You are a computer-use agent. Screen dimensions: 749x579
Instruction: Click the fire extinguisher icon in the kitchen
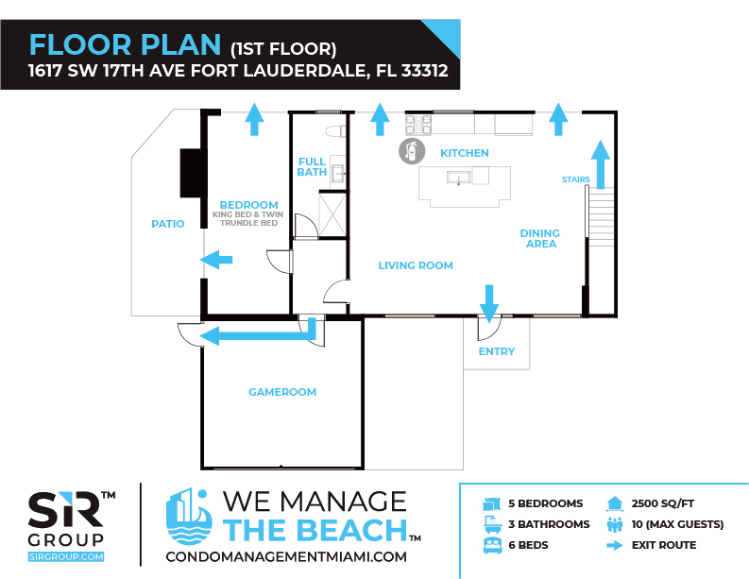tap(412, 151)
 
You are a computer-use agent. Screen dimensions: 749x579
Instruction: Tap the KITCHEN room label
tap(465, 153)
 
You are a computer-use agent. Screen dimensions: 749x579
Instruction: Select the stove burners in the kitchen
tap(418, 125)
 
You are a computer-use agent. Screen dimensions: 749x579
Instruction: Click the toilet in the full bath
tap(335, 131)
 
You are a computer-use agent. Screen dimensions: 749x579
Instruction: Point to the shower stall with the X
tap(332, 214)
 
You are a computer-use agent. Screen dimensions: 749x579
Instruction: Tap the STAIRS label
tap(575, 179)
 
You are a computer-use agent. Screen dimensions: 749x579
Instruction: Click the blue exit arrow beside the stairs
tap(601, 164)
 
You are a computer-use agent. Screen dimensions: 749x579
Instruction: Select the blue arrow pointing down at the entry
tap(489, 304)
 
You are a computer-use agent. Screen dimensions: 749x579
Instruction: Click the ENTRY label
tap(497, 351)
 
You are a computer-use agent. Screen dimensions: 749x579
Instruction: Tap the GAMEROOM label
tap(282, 392)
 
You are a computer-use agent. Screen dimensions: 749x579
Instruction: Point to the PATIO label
tap(168, 224)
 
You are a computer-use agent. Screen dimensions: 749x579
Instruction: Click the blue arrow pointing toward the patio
tap(216, 260)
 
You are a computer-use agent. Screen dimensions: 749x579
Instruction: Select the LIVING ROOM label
tap(416, 265)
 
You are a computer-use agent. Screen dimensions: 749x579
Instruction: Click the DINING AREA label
tap(540, 238)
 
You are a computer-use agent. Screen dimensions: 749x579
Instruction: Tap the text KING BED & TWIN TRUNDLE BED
tap(248, 219)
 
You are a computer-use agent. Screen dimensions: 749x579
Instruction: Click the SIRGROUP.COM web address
tap(66, 556)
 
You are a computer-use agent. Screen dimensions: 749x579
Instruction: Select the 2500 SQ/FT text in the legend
tap(662, 503)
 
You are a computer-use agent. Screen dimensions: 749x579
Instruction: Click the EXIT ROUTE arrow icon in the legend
tap(615, 545)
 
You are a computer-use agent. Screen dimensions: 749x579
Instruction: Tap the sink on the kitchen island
tap(459, 178)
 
